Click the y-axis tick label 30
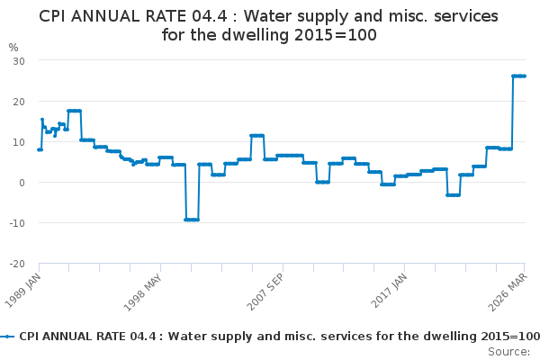coord(17,60)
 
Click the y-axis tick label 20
coord(17,101)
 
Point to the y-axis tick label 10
coord(17,141)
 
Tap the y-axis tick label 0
coord(21,183)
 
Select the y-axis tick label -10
coord(15,223)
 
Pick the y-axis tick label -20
coord(15,264)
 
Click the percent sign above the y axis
coord(13,47)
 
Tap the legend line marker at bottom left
coord(8,337)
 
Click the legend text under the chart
coord(279,337)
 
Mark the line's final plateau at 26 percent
coord(519,76)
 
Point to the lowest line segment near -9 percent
coord(192,220)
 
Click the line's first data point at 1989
coord(39,149)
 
